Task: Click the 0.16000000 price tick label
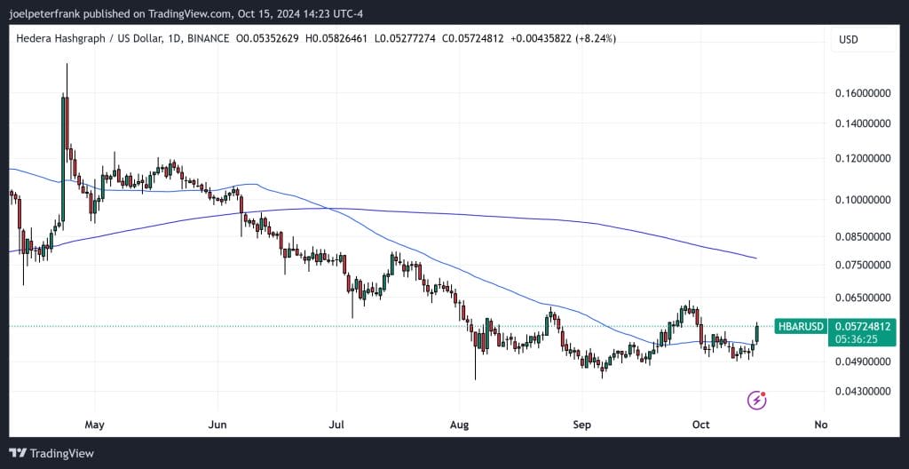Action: coord(862,92)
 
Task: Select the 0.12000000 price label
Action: coord(862,159)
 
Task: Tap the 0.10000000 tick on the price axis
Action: coord(862,200)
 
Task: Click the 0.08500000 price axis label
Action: coord(862,236)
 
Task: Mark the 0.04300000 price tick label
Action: coord(862,391)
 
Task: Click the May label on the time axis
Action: coord(95,424)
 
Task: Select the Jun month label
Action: coord(217,424)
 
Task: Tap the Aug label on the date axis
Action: coord(459,424)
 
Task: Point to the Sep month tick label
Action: coord(581,424)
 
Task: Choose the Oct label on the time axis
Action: coord(701,424)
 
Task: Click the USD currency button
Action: coord(849,39)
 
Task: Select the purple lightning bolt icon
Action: coord(756,400)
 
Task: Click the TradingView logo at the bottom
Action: coord(51,453)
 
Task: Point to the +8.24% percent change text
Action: coord(595,38)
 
